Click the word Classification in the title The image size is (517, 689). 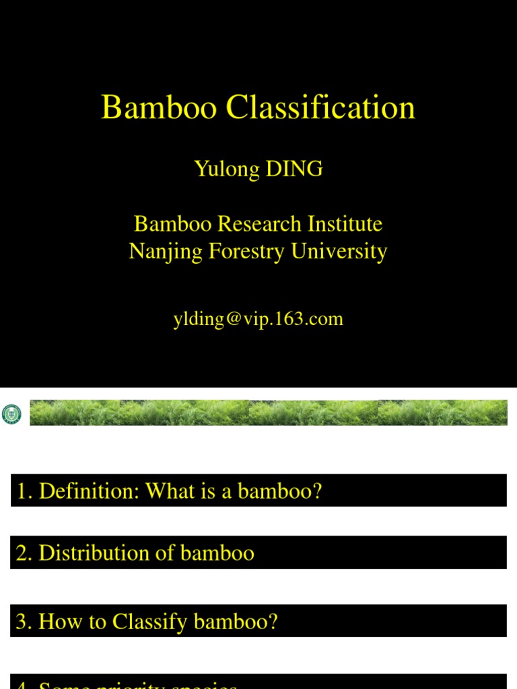(x=320, y=108)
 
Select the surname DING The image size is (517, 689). (x=295, y=169)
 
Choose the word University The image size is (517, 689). (x=339, y=252)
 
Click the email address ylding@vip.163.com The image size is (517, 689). (x=258, y=318)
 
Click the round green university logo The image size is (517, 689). (x=12, y=414)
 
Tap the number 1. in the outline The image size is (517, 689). (x=25, y=491)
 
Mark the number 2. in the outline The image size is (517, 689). (x=25, y=553)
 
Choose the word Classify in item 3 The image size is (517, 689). (x=151, y=621)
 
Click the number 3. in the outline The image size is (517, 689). (x=25, y=621)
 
